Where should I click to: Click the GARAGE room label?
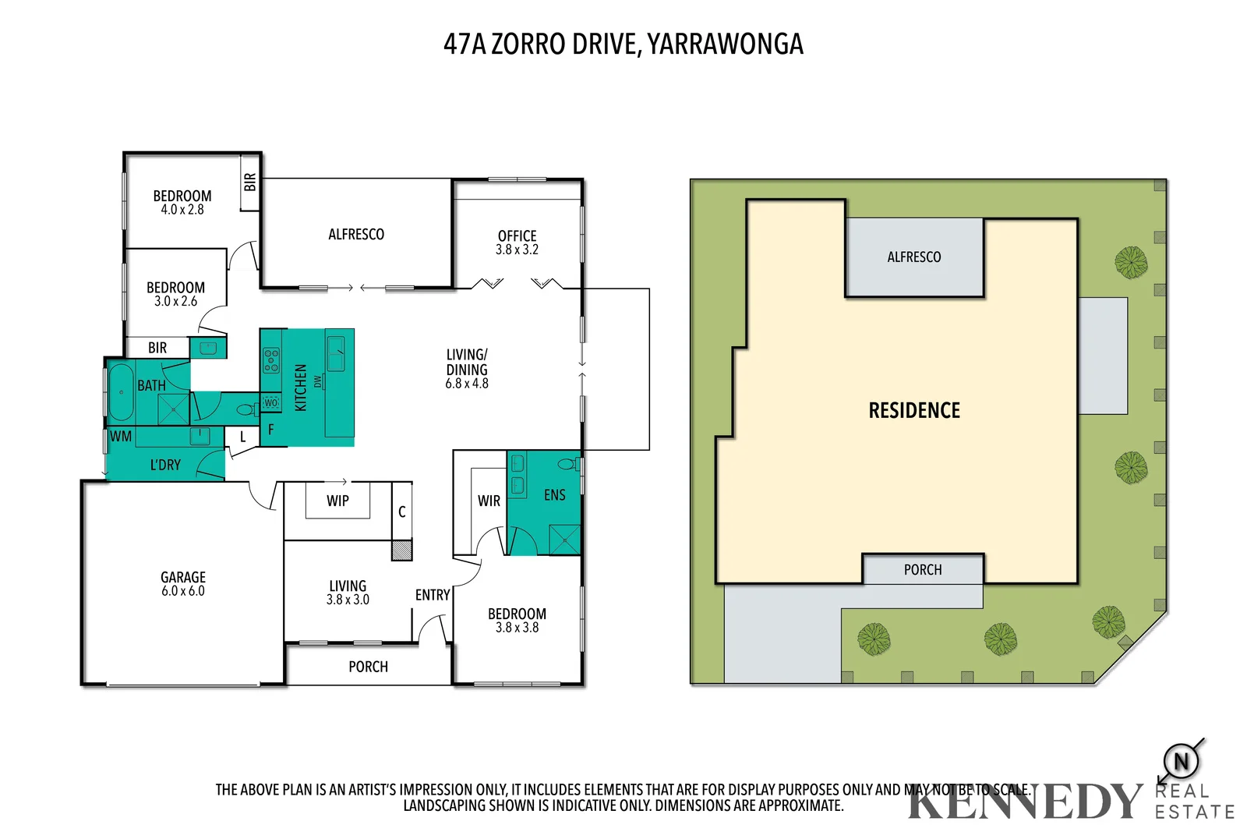pyautogui.click(x=183, y=577)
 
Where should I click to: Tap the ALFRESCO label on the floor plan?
pyautogui.click(x=356, y=234)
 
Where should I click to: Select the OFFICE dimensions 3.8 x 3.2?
pyautogui.click(x=517, y=250)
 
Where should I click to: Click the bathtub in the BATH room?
pyautogui.click(x=121, y=392)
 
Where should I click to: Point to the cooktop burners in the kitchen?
pyautogui.click(x=271, y=360)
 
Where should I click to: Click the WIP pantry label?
pyautogui.click(x=337, y=501)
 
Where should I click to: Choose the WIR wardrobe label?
pyautogui.click(x=489, y=501)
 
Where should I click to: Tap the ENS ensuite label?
pyautogui.click(x=554, y=494)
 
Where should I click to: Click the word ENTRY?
pyautogui.click(x=433, y=595)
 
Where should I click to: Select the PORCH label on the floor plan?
pyautogui.click(x=368, y=667)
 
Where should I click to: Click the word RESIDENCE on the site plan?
pyautogui.click(x=914, y=410)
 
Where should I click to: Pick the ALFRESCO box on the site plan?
pyautogui.click(x=914, y=257)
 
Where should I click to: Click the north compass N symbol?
pyautogui.click(x=1181, y=761)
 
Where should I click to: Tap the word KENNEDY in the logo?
pyautogui.click(x=1025, y=802)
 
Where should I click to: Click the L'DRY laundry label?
pyautogui.click(x=165, y=465)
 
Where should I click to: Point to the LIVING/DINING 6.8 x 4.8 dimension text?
pyautogui.click(x=467, y=383)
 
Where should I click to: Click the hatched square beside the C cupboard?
pyautogui.click(x=401, y=551)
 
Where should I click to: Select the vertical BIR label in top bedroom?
pyautogui.click(x=249, y=182)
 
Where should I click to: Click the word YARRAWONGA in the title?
pyautogui.click(x=725, y=44)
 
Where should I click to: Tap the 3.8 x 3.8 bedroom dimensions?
pyautogui.click(x=517, y=627)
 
